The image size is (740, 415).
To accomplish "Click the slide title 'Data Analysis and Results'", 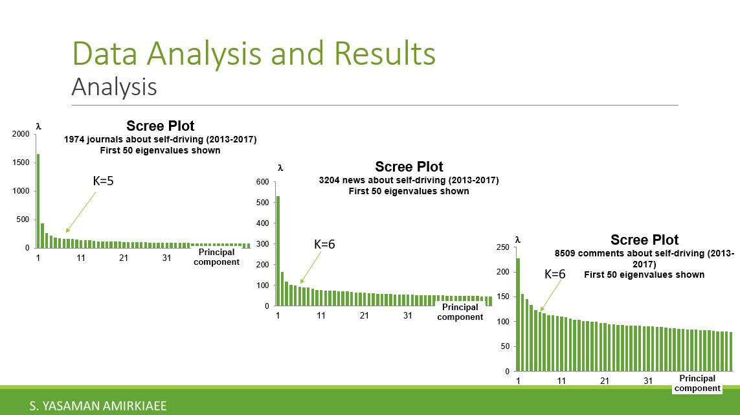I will click(254, 54).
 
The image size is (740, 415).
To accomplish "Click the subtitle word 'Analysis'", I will click(114, 87).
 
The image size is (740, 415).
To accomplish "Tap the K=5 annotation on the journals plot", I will click(103, 181).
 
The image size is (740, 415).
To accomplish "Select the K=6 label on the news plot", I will click(324, 245).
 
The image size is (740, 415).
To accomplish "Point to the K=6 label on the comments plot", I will click(555, 275).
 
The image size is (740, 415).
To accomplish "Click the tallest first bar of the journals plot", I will click(38, 201).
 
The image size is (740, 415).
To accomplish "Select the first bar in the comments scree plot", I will click(518, 315).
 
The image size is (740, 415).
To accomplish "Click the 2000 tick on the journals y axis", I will click(21, 134).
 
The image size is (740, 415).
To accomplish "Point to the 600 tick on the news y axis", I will click(262, 182).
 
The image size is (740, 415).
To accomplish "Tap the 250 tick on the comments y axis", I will click(502, 247).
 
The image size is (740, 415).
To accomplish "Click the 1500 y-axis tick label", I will click(21, 163).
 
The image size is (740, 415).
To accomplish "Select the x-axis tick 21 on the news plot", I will click(364, 316).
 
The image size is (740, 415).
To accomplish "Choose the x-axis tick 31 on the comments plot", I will click(648, 381).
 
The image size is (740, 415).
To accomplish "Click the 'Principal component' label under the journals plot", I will click(216, 257).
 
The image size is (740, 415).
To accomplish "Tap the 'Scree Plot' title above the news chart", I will click(409, 167).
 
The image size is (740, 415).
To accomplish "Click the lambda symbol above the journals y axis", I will click(38, 127).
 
